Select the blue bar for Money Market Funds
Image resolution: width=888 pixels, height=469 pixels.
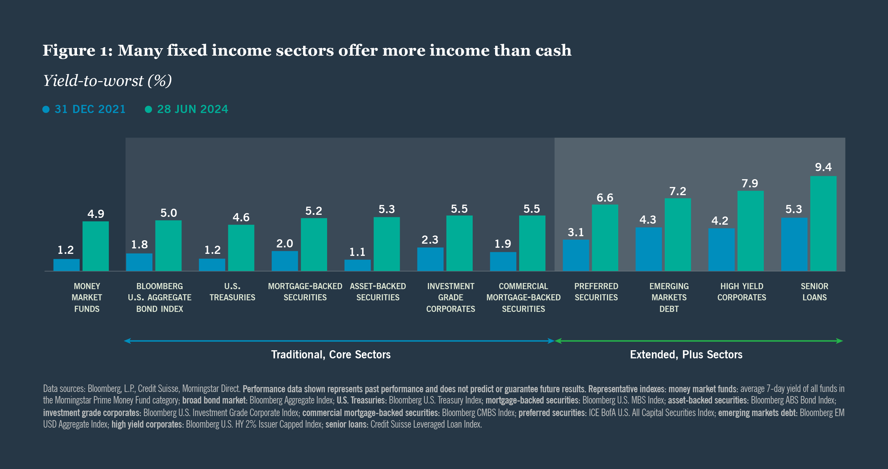click(x=67, y=265)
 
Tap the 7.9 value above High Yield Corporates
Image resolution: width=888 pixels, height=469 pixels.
click(x=750, y=183)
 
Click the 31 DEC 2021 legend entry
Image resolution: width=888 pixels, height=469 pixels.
click(x=84, y=109)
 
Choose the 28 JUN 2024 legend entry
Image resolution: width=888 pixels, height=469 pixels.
click(x=187, y=109)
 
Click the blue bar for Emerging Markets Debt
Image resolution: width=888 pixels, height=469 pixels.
click(x=648, y=249)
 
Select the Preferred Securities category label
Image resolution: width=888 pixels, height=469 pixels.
click(x=596, y=292)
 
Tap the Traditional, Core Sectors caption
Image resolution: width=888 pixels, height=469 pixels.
click(x=330, y=355)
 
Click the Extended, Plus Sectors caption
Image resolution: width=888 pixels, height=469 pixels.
click(x=686, y=355)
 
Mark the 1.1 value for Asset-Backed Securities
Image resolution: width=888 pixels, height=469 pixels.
click(x=357, y=252)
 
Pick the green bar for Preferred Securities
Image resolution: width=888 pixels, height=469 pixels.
click(x=605, y=238)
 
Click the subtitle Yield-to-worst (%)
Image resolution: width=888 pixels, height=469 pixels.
click(x=107, y=81)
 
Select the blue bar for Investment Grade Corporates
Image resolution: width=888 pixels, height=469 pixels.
click(x=430, y=259)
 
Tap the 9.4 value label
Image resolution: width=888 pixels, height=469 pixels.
click(x=823, y=167)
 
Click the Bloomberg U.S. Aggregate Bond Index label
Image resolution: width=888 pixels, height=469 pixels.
click(x=159, y=297)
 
